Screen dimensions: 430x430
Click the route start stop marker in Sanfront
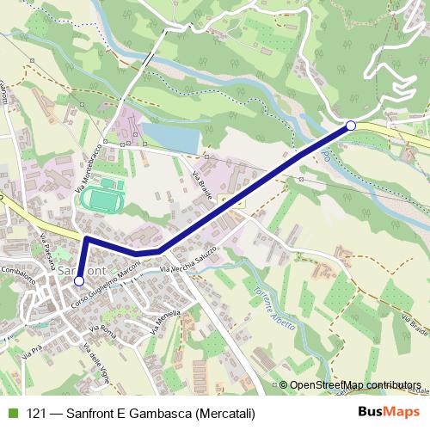pos(79,280)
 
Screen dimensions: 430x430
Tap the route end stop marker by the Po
pos(351,126)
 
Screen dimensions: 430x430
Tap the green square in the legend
pos(10,414)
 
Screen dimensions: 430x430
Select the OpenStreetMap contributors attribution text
pos(355,386)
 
